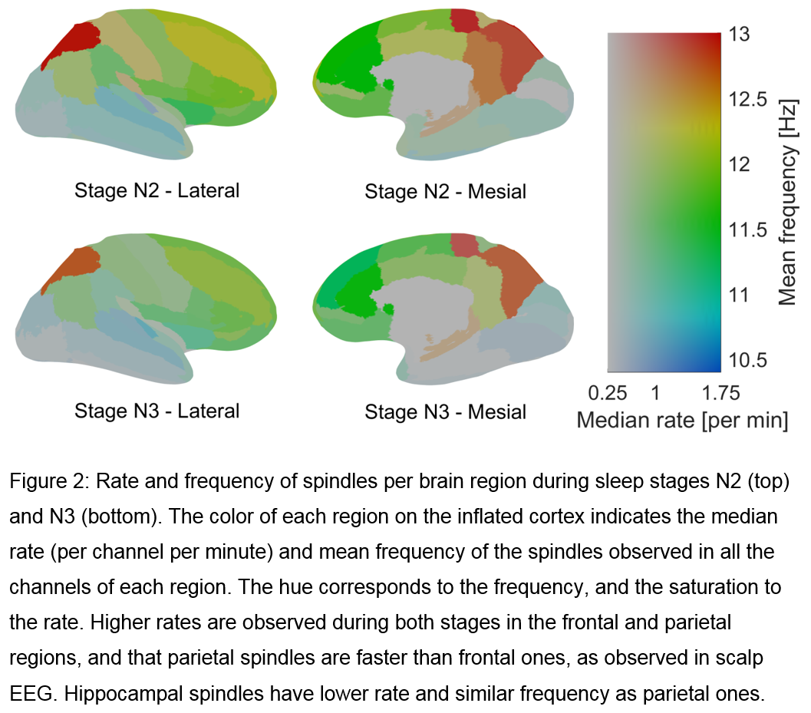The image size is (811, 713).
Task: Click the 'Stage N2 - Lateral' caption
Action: [157, 190]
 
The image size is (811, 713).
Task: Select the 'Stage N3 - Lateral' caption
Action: [157, 411]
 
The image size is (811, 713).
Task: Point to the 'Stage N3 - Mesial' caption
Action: [445, 411]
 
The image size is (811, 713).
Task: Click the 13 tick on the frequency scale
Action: [740, 35]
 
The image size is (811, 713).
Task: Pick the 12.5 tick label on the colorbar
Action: [749, 99]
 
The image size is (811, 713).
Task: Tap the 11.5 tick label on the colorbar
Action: [749, 229]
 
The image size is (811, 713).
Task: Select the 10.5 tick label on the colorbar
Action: [749, 360]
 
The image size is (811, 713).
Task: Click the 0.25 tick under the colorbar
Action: [607, 393]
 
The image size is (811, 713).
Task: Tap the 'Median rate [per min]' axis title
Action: [681, 420]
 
